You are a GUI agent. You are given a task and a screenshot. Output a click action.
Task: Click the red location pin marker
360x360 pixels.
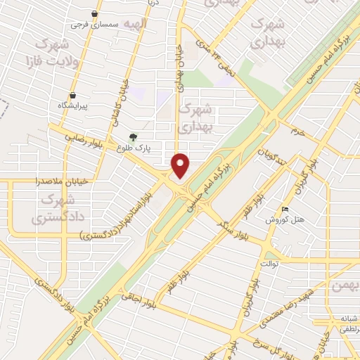(x=181, y=165)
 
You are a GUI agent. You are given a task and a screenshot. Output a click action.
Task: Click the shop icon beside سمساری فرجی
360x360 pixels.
(x=95, y=13)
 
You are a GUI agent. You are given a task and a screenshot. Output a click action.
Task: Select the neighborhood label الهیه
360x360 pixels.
(x=136, y=25)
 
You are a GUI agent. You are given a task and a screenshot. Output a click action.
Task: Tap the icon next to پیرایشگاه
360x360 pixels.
(x=72, y=96)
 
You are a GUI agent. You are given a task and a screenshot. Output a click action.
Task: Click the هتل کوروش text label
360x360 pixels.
(x=285, y=219)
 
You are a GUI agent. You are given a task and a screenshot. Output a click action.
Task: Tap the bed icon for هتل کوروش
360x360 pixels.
(x=285, y=209)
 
